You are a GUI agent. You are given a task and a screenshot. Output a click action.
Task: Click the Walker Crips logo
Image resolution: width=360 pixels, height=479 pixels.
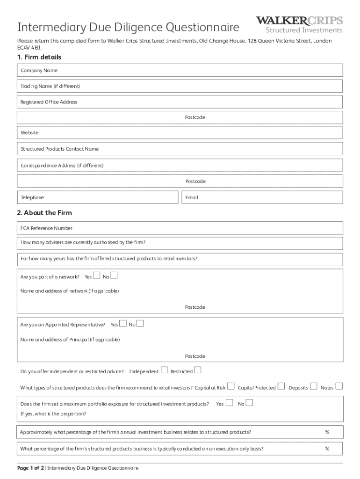click(299, 25)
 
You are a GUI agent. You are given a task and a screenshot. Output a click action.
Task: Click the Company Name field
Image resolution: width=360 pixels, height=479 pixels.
click(180, 70)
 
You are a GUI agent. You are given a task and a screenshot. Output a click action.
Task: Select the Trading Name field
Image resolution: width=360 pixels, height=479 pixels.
click(180, 86)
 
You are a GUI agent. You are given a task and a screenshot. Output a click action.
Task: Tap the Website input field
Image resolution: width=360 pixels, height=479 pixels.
click(180, 133)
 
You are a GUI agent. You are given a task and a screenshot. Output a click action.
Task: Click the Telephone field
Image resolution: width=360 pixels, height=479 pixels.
click(98, 197)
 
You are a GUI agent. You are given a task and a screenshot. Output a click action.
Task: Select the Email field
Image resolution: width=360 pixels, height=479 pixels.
click(262, 197)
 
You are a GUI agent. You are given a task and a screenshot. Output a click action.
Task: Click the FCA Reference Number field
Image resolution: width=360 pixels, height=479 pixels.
click(180, 228)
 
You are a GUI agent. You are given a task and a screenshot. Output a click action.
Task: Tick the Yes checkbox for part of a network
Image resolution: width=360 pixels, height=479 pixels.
click(96, 275)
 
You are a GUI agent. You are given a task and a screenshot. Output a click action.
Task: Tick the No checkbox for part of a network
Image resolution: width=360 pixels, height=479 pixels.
click(114, 275)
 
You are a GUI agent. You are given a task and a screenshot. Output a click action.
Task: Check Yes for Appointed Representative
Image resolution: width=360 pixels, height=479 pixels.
click(122, 323)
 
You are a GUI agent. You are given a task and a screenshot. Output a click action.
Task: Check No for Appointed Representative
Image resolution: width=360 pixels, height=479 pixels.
click(140, 323)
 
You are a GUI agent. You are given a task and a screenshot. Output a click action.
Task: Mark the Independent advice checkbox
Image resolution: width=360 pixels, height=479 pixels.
click(164, 370)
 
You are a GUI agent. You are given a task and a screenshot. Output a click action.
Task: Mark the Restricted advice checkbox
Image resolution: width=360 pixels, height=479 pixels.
click(197, 370)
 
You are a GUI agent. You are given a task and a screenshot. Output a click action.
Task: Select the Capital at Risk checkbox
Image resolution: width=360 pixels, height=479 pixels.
click(230, 386)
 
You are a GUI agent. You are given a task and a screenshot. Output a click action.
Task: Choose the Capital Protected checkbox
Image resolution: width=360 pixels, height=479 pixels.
click(281, 386)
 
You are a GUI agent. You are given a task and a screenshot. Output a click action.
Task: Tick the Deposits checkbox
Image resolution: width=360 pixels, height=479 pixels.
click(313, 386)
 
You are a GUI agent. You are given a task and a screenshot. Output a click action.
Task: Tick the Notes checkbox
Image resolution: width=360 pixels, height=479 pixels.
click(339, 386)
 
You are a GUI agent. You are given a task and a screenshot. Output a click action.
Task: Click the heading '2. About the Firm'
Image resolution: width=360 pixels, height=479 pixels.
click(44, 213)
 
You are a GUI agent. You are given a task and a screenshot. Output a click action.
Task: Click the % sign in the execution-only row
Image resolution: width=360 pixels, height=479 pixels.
click(327, 449)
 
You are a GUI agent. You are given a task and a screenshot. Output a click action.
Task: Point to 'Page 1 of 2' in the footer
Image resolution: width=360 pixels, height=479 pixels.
click(30, 468)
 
